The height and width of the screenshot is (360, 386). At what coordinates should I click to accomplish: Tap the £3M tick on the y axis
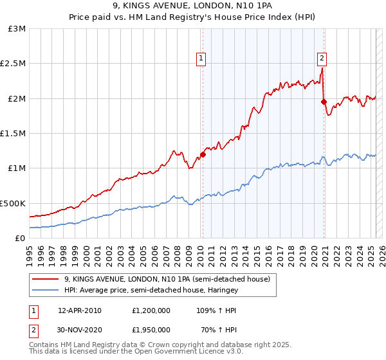coord(17,29)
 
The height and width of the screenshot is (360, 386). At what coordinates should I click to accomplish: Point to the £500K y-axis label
coord(14,203)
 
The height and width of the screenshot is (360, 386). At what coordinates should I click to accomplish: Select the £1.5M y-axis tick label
coord(14,134)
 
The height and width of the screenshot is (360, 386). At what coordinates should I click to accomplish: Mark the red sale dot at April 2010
coord(203,154)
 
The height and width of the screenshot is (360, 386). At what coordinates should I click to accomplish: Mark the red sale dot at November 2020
coord(324,102)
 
